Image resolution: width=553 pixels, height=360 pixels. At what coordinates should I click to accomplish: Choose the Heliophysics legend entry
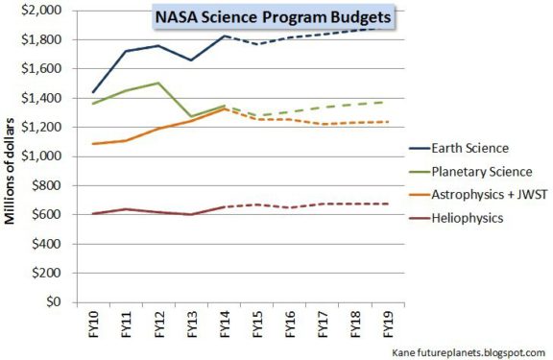(466, 218)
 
